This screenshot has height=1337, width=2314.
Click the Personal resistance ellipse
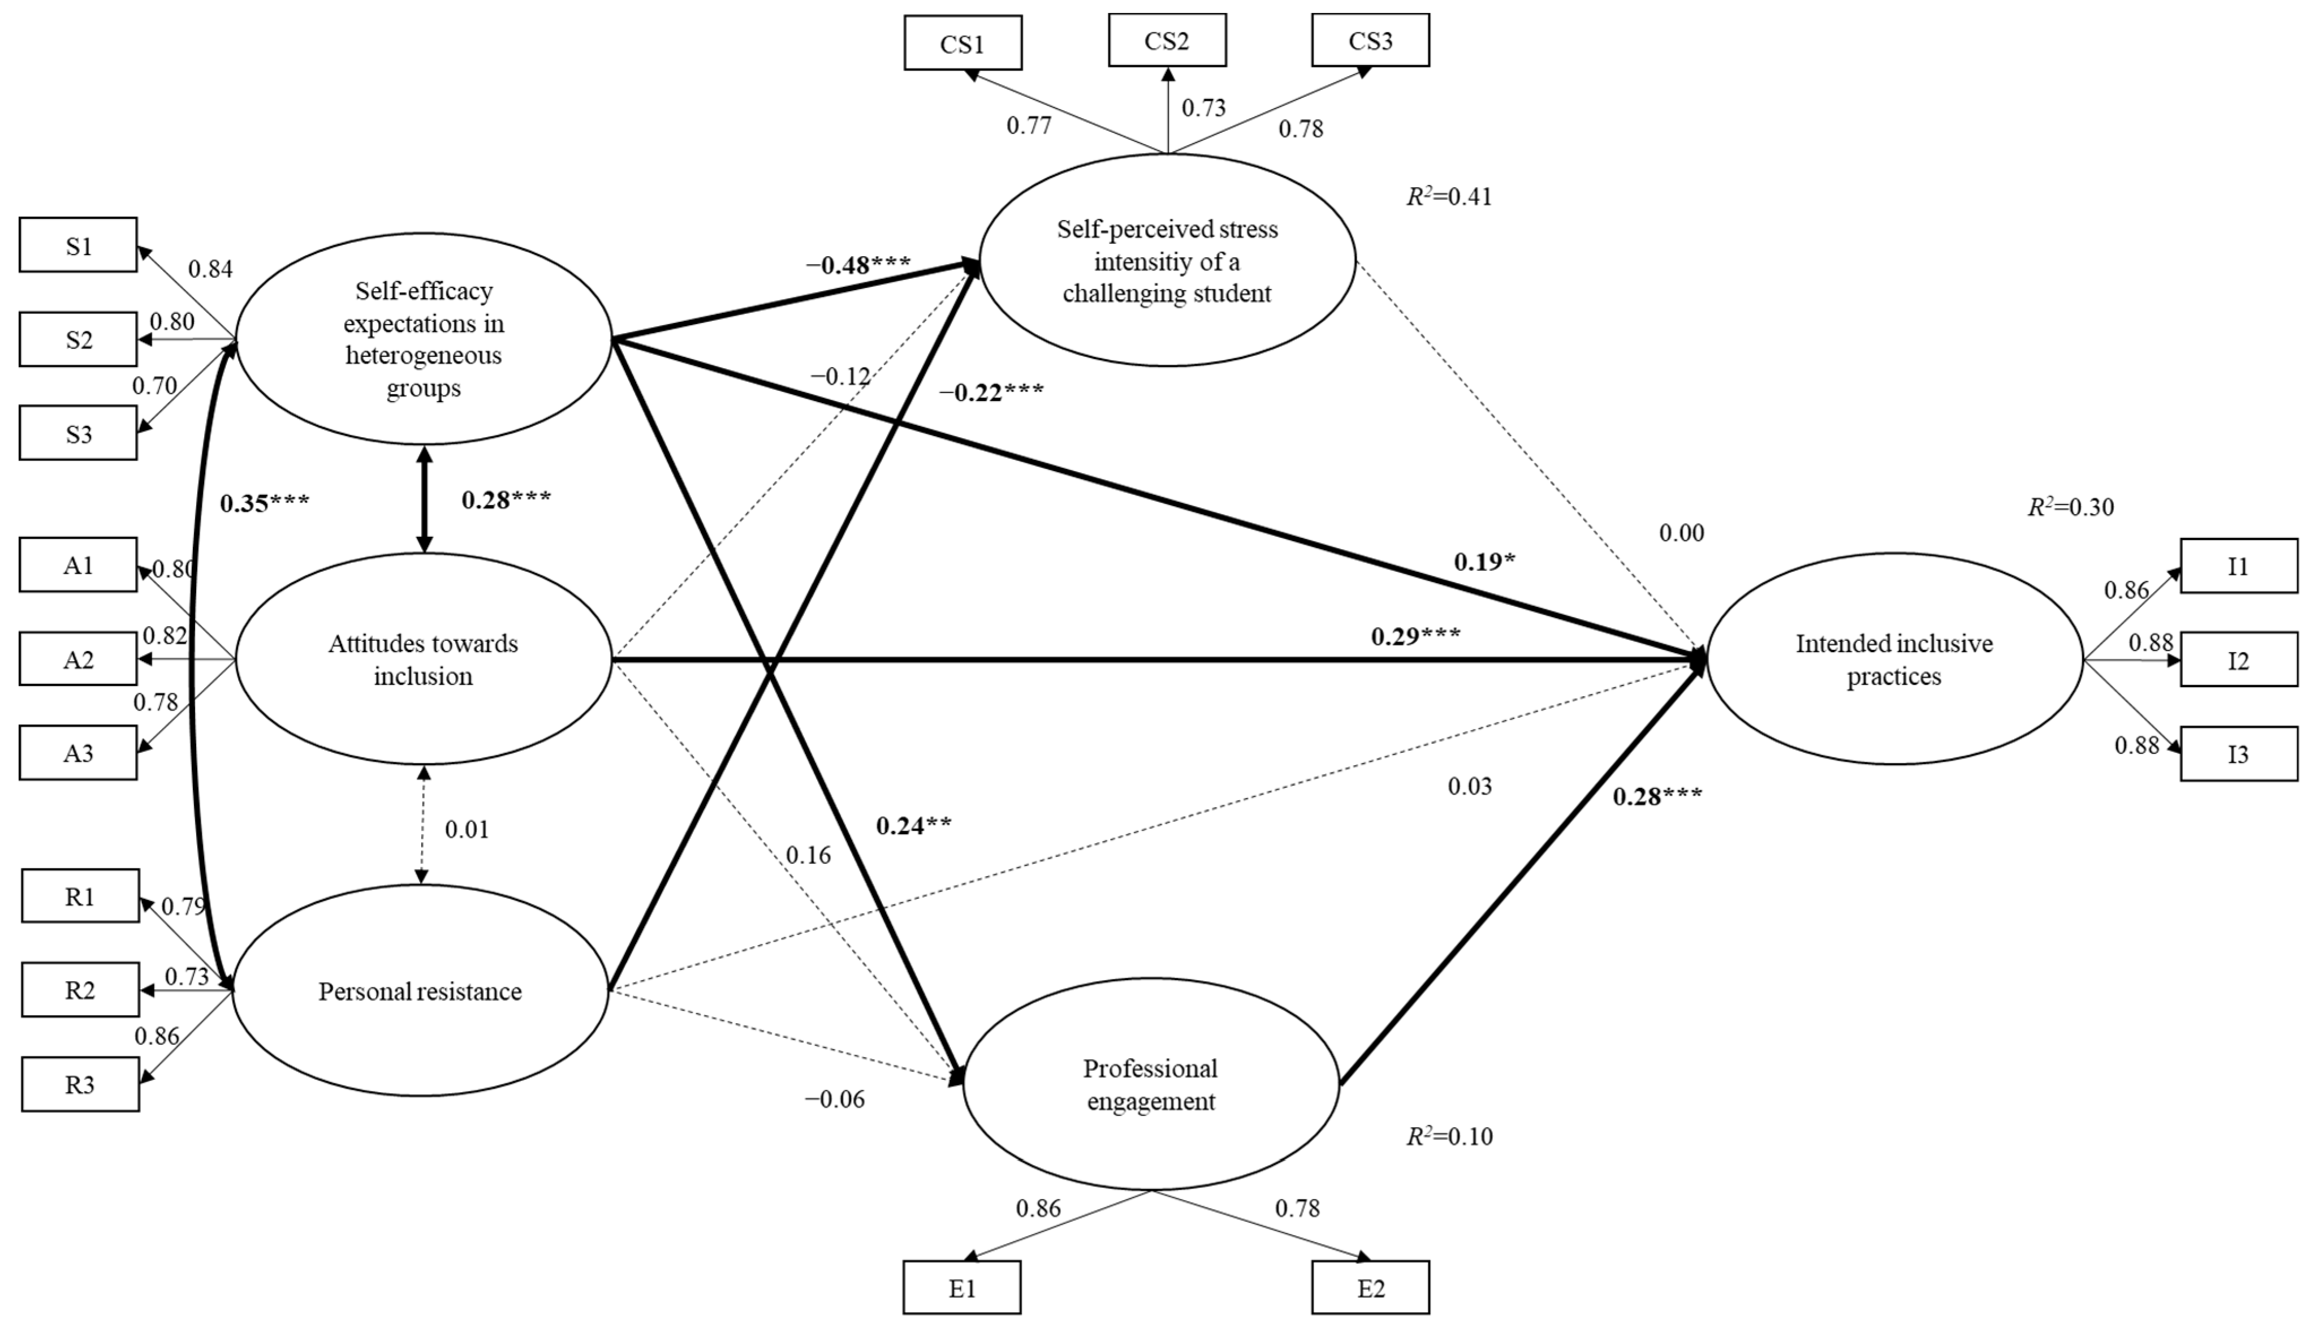(x=420, y=991)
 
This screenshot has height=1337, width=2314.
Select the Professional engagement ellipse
(x=1150, y=1085)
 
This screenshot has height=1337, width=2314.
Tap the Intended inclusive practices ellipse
(x=1894, y=659)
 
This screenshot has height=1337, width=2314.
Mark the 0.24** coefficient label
(x=913, y=826)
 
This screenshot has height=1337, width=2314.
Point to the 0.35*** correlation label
(x=264, y=503)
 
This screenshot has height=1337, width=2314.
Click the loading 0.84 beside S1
(x=210, y=269)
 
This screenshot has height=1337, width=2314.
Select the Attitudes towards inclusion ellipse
(x=423, y=659)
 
